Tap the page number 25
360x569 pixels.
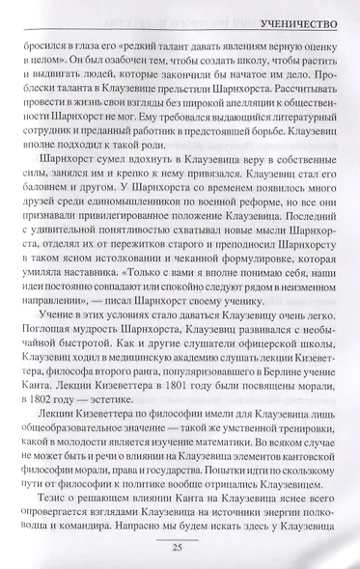tap(180, 549)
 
